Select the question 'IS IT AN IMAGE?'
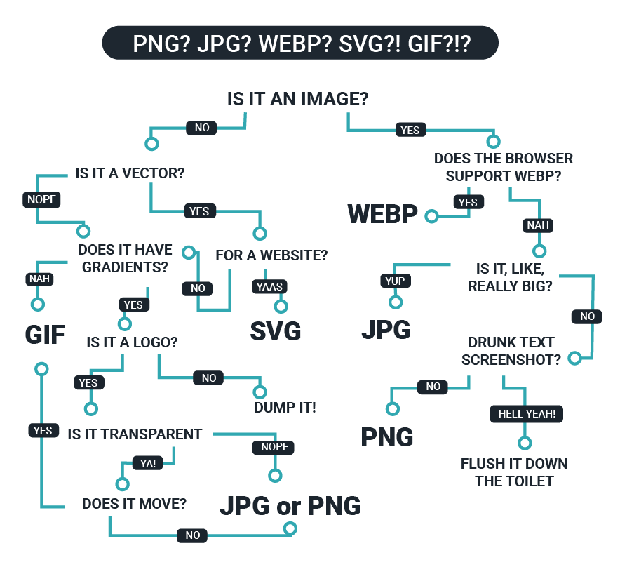[297, 99]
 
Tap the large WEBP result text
[382, 214]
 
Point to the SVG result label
[276, 330]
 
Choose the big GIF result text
[45, 335]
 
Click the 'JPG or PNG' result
[290, 505]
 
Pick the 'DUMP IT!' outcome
[285, 407]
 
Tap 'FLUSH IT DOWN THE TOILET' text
[514, 472]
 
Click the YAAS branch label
[270, 286]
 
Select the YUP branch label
[396, 281]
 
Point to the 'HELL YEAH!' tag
[526, 414]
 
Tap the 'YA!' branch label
[148, 464]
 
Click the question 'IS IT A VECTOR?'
[134, 173]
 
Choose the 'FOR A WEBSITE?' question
[271, 255]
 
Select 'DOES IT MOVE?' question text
[134, 503]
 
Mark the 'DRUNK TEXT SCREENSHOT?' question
[511, 351]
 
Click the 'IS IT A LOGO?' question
[132, 342]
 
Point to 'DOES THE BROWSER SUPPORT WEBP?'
[504, 167]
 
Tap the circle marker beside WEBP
[431, 217]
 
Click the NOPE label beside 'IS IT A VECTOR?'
[41, 199]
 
